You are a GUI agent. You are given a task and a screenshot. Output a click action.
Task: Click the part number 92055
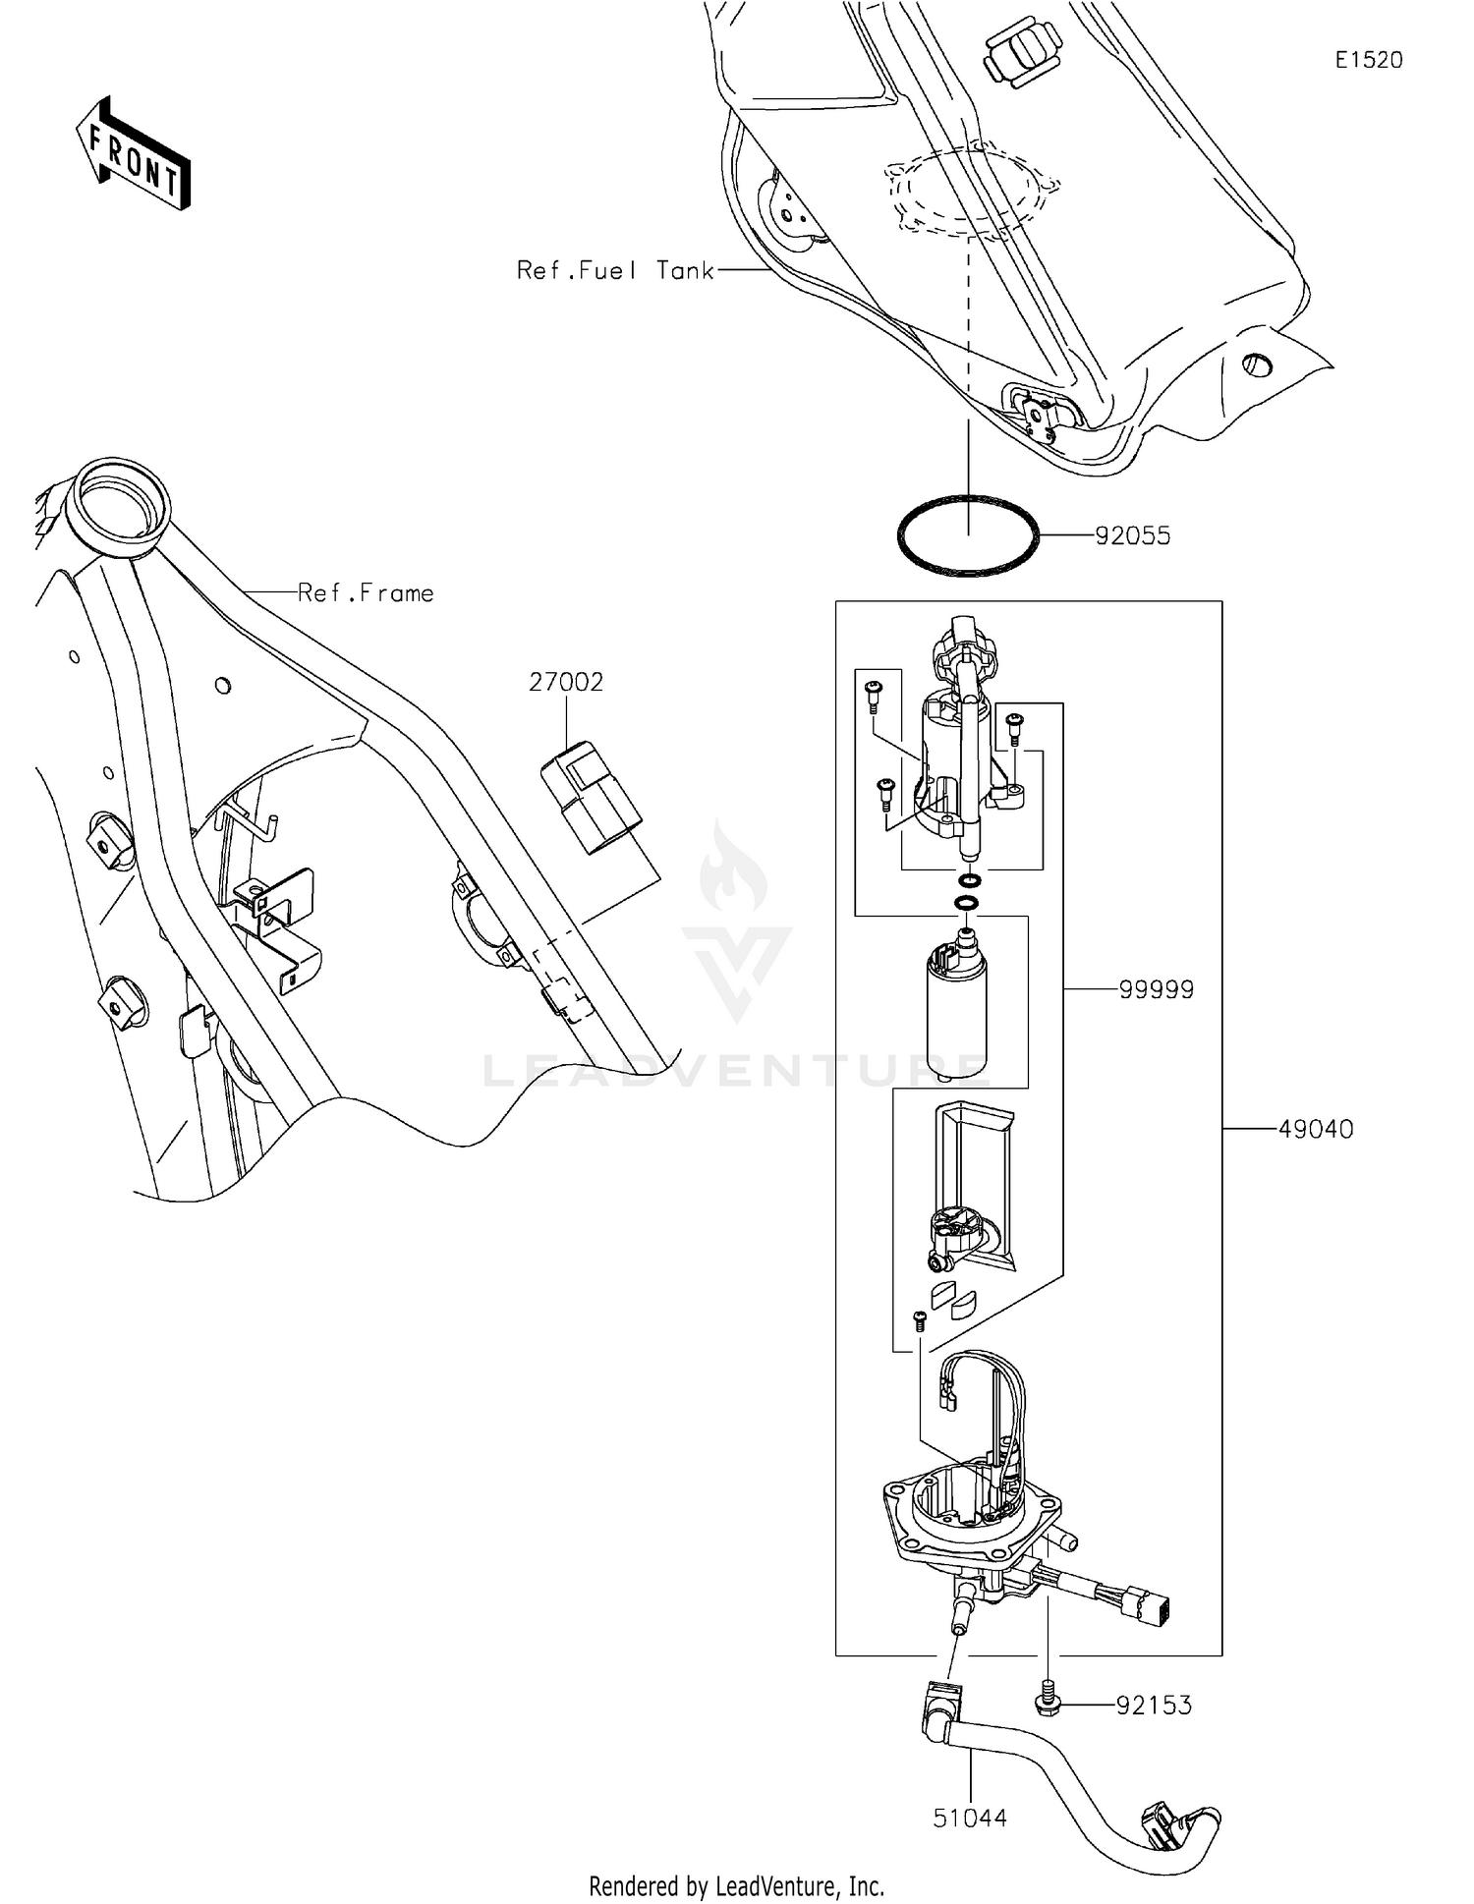(1132, 536)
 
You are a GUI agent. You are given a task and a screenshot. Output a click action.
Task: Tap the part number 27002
(566, 682)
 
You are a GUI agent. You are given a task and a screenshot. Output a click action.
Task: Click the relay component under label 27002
(591, 796)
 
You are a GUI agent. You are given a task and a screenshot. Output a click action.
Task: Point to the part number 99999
(1157, 990)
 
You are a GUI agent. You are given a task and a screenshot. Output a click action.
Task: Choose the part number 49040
(1316, 1130)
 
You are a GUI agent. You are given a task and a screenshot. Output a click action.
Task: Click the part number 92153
(1154, 1706)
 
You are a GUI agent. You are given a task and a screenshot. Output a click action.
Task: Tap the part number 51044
(970, 1819)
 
